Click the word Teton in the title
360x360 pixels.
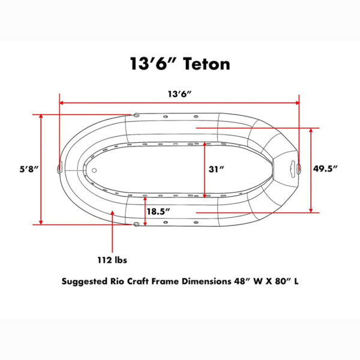pos(206,64)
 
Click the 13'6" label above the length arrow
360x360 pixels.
pos(180,94)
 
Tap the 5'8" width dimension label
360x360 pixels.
pos(29,169)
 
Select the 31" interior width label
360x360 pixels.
pos(216,169)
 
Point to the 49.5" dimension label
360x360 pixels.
pos(325,169)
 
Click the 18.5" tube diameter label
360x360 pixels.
pos(158,211)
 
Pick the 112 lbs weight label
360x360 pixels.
pos(112,260)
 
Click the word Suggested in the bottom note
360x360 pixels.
pos(84,282)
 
